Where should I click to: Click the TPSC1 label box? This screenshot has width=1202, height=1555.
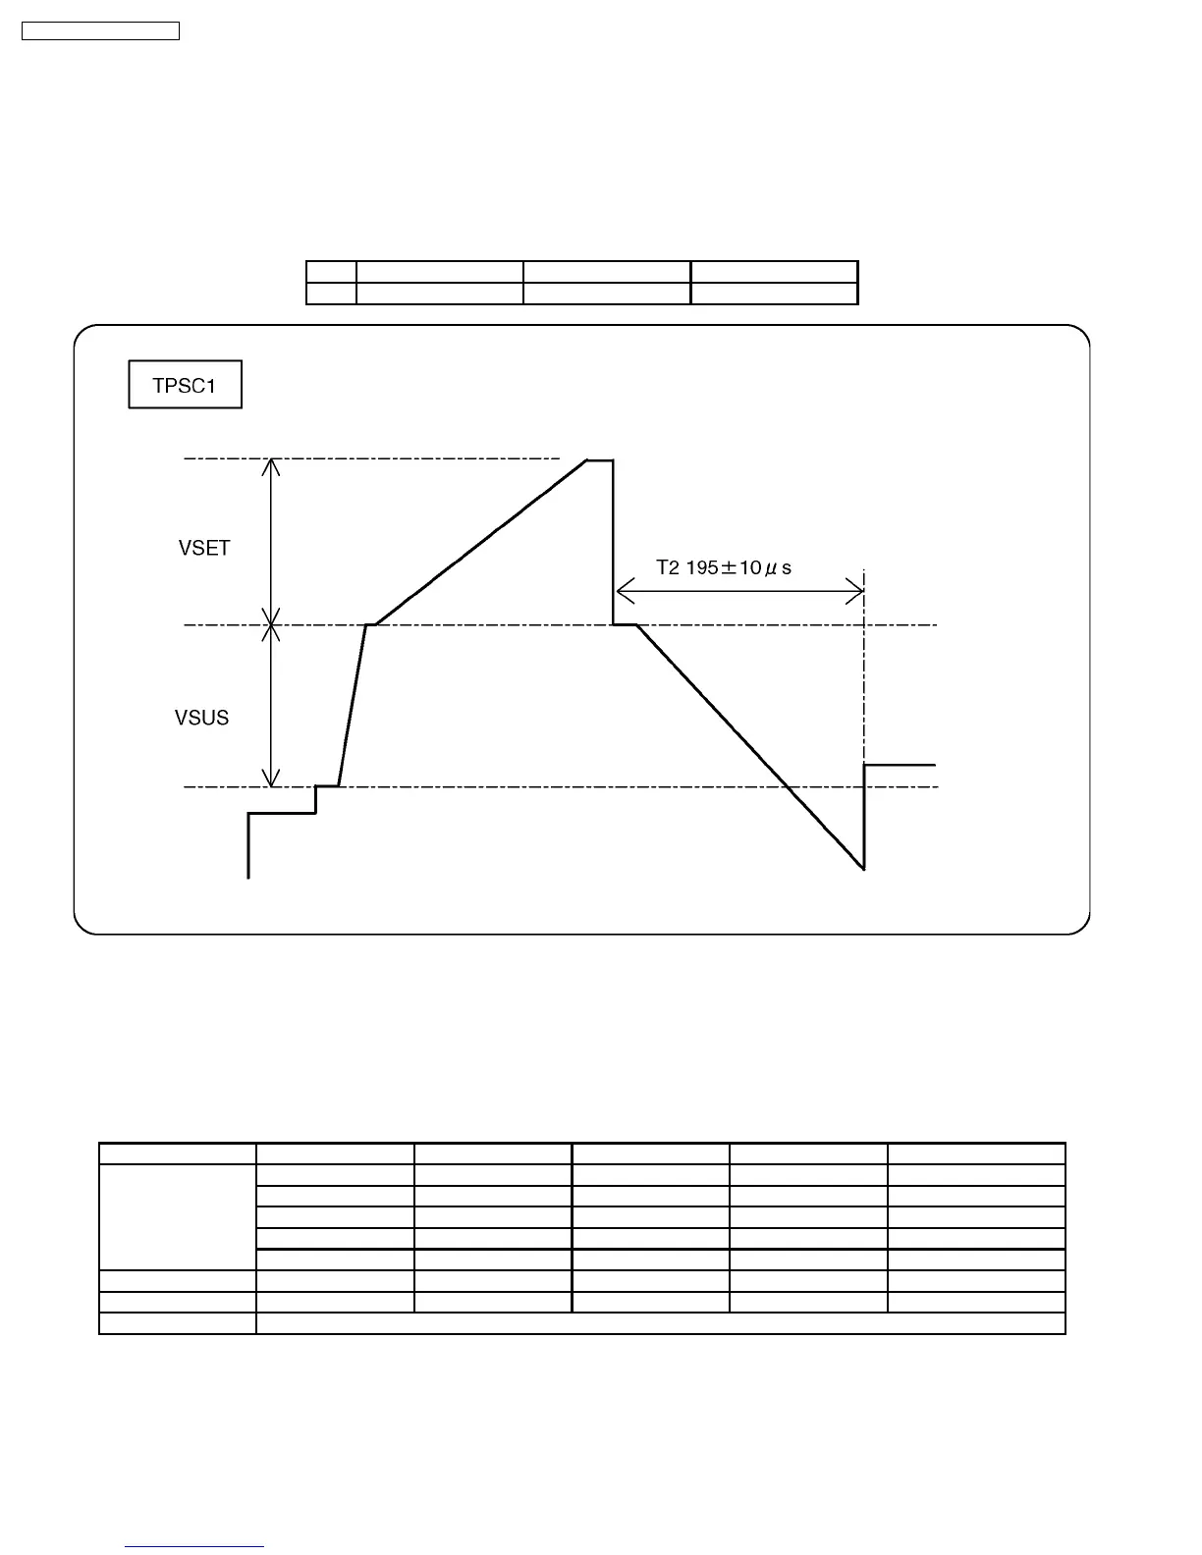click(x=185, y=386)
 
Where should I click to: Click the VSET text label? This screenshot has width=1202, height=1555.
click(x=204, y=548)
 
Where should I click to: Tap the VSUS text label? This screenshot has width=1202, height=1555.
click(x=201, y=718)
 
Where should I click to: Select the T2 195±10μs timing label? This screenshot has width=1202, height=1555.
click(x=724, y=567)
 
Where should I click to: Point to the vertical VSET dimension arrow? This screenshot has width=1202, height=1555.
click(x=271, y=541)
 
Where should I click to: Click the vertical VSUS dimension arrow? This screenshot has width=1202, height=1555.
click(x=271, y=706)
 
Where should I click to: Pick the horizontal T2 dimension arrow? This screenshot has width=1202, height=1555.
click(x=739, y=591)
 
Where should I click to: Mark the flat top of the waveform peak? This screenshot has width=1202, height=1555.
click(x=600, y=458)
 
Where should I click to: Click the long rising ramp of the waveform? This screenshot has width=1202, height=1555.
click(x=481, y=542)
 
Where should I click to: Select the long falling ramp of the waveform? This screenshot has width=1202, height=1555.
click(x=751, y=747)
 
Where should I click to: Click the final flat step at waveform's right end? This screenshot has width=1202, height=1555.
click(x=900, y=764)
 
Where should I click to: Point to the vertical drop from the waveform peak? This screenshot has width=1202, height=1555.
click(x=614, y=541)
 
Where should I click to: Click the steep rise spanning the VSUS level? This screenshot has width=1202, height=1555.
click(x=353, y=705)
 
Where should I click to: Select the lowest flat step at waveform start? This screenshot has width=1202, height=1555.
click(x=282, y=813)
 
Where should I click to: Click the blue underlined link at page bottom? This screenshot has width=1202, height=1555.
click(x=194, y=1546)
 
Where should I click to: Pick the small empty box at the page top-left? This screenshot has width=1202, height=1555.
click(x=100, y=31)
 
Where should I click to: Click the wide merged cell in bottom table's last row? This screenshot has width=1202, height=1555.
click(x=660, y=1323)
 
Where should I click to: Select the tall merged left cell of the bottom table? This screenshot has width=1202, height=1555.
click(x=177, y=1216)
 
